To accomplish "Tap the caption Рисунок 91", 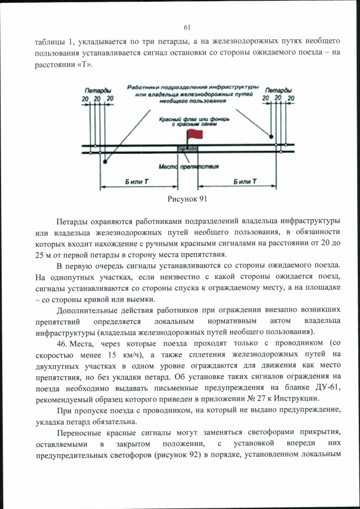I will [188, 199].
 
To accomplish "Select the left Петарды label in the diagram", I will [97, 91].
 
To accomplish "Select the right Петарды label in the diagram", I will [278, 90].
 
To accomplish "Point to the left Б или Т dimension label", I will [137, 182].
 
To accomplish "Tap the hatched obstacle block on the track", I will [188, 148].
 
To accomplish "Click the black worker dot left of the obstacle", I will [105, 162].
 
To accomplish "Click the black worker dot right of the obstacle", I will [271, 137].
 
